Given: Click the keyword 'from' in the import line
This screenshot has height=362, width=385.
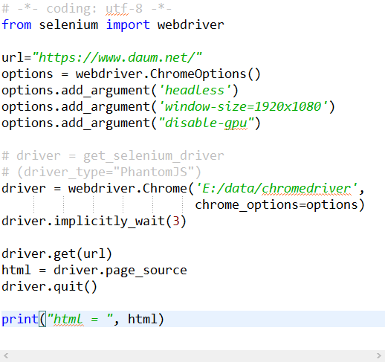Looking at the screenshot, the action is [16, 25].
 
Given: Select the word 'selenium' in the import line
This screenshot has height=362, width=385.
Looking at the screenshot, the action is [68, 25].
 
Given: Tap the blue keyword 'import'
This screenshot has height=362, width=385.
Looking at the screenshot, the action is [128, 25].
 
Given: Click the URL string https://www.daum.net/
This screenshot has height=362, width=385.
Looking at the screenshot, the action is [117, 58].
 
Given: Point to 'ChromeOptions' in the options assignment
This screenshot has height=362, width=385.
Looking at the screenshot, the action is [198, 74].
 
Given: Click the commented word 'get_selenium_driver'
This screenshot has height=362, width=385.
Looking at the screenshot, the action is [154, 156].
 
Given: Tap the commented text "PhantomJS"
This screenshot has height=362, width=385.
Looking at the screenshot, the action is [154, 172].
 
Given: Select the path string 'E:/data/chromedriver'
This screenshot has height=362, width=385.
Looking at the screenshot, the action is [276, 189].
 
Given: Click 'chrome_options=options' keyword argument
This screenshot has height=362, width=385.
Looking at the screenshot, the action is [276, 205].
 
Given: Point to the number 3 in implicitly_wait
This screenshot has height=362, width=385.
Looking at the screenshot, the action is [176, 222].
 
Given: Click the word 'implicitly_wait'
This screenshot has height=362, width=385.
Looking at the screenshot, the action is [109, 222].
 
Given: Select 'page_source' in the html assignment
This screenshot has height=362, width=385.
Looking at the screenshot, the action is [146, 271].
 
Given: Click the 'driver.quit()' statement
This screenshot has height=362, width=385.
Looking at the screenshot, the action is [49, 287].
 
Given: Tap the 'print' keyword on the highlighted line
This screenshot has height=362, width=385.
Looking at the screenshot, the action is [20, 319].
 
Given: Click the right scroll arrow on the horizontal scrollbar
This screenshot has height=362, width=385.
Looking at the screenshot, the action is [379, 356].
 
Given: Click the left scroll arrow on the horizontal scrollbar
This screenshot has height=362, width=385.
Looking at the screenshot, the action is [6, 356].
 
